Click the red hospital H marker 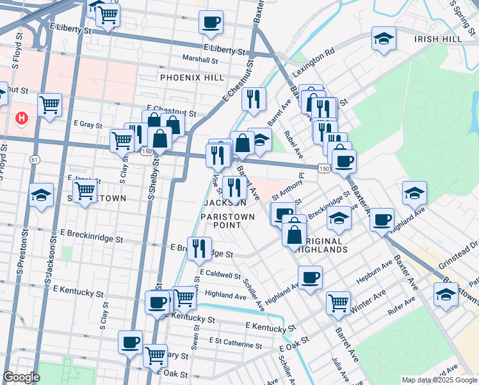[x=22, y=119]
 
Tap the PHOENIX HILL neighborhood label [x=192, y=78]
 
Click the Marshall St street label [x=200, y=58]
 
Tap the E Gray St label [x=88, y=124]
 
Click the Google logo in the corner [x=21, y=377]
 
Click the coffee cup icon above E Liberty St [x=210, y=23]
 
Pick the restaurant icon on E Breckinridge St [x=200, y=248]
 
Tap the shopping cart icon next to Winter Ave [x=338, y=302]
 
